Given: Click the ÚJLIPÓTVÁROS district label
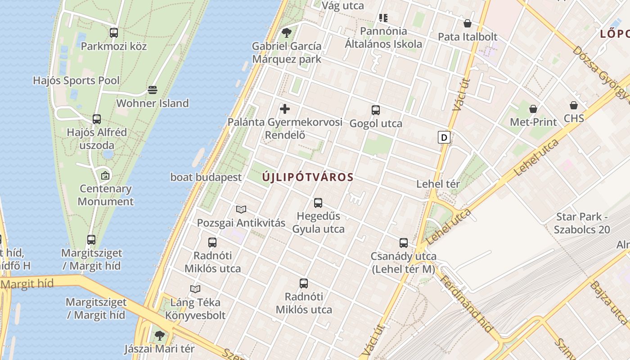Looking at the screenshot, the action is point(308,177).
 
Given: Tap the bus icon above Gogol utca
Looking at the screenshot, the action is point(376,110).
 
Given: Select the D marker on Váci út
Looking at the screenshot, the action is point(444,137).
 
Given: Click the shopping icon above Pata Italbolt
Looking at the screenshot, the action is point(468,23).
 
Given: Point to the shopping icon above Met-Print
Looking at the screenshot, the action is point(533,108).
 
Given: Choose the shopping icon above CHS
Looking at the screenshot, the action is point(574,105).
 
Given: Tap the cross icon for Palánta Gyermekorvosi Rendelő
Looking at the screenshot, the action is point(285,109).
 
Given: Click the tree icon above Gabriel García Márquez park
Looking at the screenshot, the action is point(287,33).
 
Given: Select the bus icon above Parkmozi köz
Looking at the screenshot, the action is point(114,32).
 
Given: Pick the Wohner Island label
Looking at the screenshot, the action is point(153,103).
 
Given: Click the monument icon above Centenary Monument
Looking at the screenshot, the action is point(105,175).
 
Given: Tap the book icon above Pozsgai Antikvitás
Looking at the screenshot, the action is point(241,209).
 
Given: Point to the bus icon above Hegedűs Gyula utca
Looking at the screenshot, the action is point(318,202).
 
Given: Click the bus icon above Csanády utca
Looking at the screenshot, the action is point(404,243).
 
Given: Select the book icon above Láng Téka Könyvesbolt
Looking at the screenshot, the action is point(195,289).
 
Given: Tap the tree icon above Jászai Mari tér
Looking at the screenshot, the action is point(159,335).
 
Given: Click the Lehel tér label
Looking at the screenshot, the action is point(438,184).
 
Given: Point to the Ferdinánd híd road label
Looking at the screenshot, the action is point(466,303).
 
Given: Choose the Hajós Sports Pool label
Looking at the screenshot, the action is point(76,81).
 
